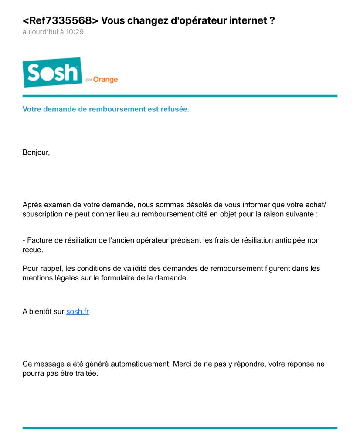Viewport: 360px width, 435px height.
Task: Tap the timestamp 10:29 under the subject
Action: [74, 32]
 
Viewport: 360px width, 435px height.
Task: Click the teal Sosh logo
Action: [52, 72]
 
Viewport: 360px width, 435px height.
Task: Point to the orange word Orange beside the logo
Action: [105, 80]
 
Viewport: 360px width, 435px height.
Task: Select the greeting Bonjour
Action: [36, 153]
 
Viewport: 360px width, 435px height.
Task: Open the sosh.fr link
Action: [78, 312]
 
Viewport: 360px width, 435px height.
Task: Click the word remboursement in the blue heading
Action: [116, 109]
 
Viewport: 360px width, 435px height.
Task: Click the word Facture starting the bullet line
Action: [41, 240]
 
